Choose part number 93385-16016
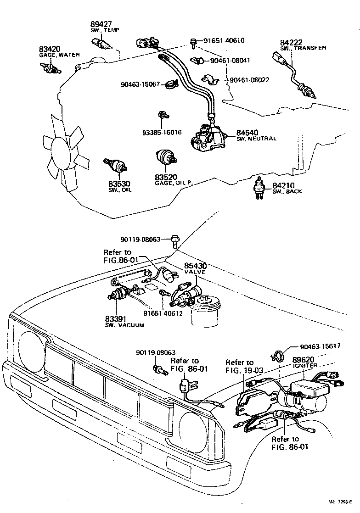coord(162,132)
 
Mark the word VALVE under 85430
coord(195,272)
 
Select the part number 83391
coord(115,318)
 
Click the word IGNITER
coord(305,366)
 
